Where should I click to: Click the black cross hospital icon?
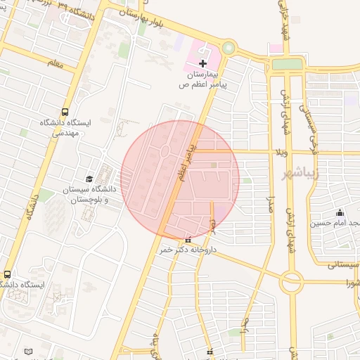pyautogui.click(x=202, y=64)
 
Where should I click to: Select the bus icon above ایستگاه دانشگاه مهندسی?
pyautogui.click(x=65, y=112)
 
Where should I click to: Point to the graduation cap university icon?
pyautogui.click(x=89, y=179)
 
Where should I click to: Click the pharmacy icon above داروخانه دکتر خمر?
pyautogui.click(x=187, y=240)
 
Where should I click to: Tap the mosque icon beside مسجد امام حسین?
pyautogui.click(x=340, y=212)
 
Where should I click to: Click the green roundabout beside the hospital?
pyautogui.click(x=229, y=49)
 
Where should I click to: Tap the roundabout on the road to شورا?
pyautogui.click(x=291, y=281)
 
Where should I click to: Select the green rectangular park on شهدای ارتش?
pyautogui.click(x=286, y=64)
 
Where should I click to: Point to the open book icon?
pyautogui.click(x=28, y=351)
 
